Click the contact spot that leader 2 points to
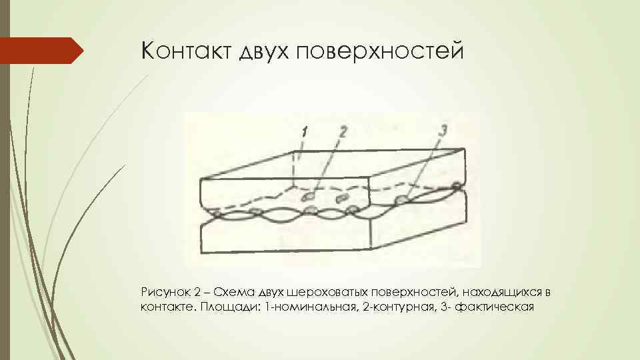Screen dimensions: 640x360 tap(310, 197)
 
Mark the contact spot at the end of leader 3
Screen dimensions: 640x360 tap(402, 199)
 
